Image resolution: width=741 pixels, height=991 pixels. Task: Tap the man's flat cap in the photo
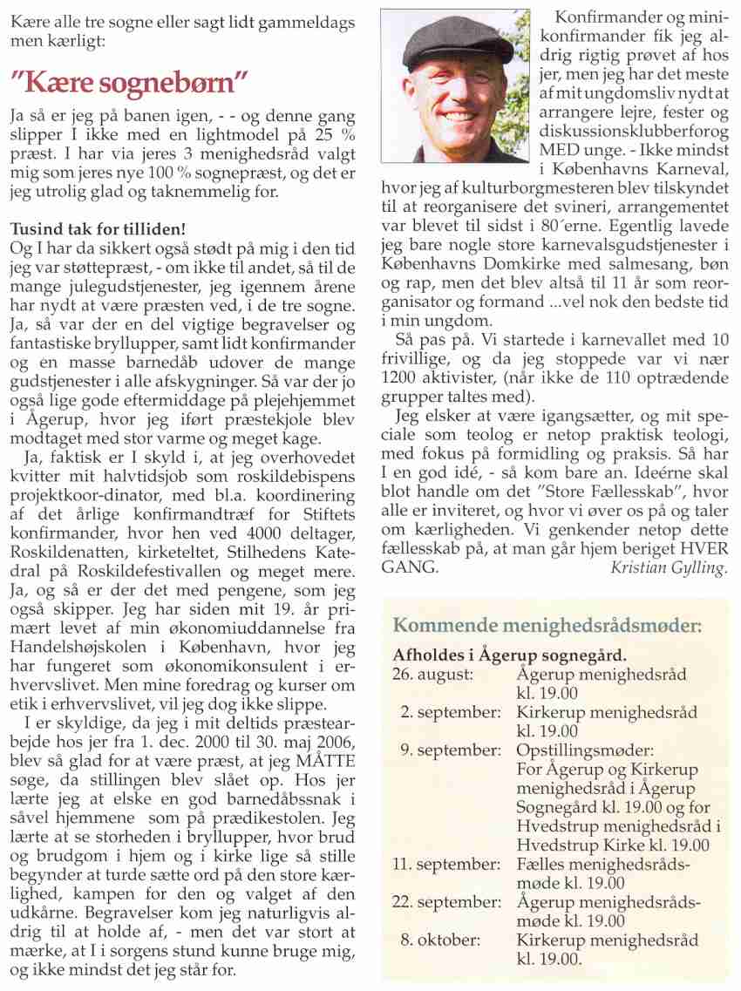[459, 39]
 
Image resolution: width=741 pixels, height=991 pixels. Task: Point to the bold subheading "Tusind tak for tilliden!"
[98, 230]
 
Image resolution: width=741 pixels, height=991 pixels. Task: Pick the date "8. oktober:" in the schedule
[452, 940]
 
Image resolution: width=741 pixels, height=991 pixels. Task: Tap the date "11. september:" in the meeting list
[445, 864]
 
